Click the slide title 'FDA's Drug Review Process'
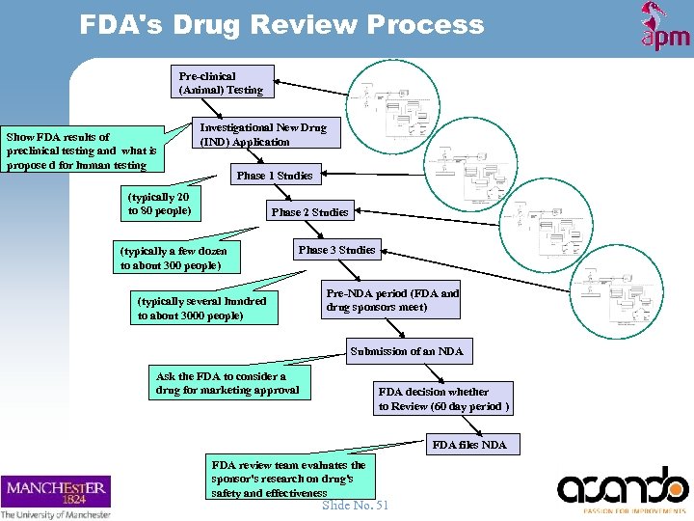point(281,24)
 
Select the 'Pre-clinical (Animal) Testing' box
point(221,83)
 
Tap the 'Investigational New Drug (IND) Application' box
point(262,134)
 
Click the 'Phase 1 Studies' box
point(275,176)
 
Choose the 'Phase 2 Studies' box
point(309,211)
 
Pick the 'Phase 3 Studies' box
point(336,250)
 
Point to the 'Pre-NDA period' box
point(392,300)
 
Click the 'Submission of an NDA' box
point(407,351)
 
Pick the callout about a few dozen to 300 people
point(174,258)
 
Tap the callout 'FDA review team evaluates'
point(288,479)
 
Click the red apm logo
point(665,27)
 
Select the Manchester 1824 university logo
point(57,496)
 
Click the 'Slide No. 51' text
point(356,505)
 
